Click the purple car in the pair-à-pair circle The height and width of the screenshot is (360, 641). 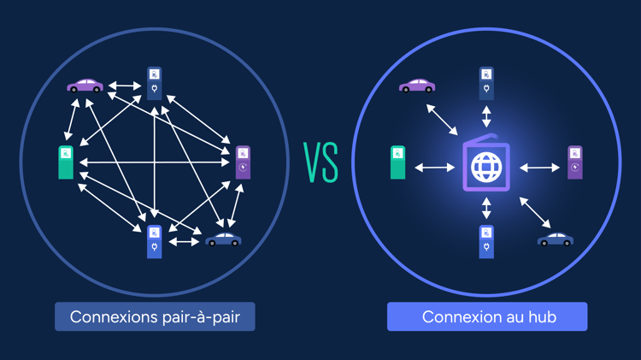point(85,86)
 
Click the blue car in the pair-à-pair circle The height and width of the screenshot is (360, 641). point(223,239)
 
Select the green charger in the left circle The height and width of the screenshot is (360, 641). point(66,162)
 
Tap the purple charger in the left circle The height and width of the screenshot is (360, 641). point(243,162)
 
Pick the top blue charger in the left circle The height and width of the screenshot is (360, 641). point(154,84)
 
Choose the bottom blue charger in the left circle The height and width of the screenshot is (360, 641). point(154,241)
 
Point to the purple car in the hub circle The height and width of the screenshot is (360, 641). point(417,86)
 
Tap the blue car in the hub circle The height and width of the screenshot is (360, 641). point(556,239)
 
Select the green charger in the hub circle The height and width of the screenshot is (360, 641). point(397,162)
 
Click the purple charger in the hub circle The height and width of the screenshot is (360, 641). point(575,162)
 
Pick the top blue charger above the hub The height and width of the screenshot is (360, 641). point(486,84)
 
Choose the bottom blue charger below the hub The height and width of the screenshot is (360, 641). point(486,241)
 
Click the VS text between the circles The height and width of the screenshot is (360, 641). point(321,163)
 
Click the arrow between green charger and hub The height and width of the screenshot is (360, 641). point(434,168)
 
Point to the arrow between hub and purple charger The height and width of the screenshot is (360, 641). point(539,168)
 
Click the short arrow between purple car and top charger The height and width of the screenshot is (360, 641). point(126,86)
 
